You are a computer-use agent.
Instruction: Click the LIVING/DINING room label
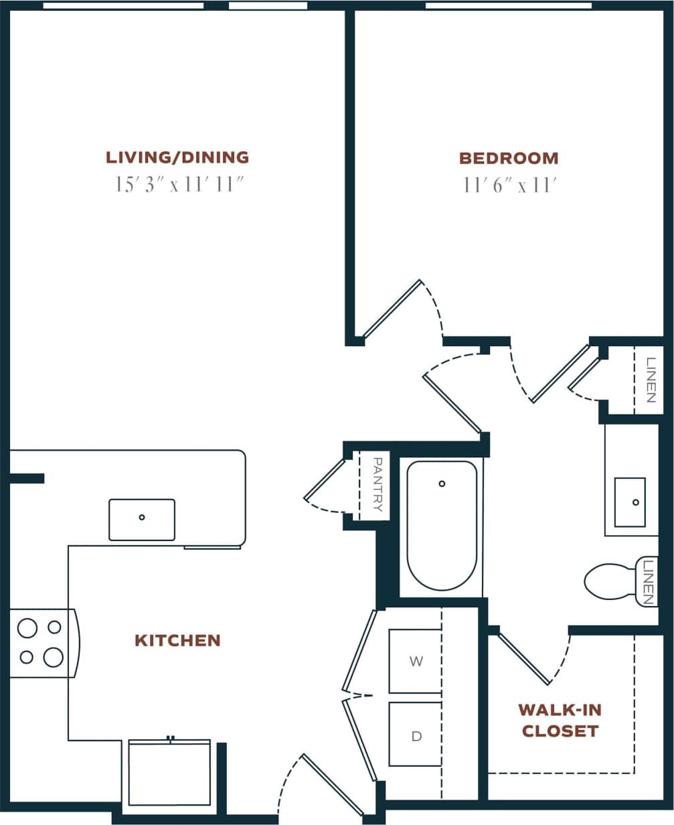(177, 158)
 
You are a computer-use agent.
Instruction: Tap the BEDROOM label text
(509, 159)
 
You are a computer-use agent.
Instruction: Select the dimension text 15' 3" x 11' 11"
(177, 185)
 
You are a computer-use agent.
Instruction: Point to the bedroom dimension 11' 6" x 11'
(509, 185)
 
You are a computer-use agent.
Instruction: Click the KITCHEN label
(177, 640)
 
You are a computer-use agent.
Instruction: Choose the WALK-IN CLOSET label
(560, 720)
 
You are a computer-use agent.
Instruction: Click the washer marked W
(416, 662)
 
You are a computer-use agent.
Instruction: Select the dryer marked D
(416, 735)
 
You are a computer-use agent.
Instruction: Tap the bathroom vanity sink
(630, 502)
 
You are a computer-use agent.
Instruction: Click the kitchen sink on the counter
(142, 520)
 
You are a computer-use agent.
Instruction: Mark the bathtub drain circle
(442, 483)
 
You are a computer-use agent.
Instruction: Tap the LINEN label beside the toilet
(647, 581)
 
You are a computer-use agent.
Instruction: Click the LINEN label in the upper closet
(650, 380)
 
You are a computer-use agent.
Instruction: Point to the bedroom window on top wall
(509, 6)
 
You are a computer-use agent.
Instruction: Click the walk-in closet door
(524, 660)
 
